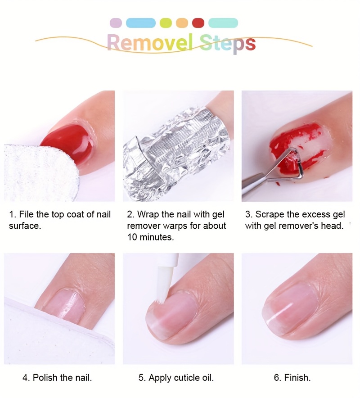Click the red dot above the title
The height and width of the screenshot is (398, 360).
[x=198, y=23]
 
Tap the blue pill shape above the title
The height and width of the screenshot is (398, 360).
[x=141, y=23]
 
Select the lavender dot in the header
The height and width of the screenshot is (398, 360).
[x=116, y=23]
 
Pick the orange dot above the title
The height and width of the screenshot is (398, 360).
[x=182, y=23]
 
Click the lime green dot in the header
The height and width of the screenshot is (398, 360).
[x=166, y=23]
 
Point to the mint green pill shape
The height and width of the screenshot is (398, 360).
[x=223, y=23]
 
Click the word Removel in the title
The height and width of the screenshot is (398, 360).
[x=150, y=42]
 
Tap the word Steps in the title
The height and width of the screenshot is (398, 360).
[x=227, y=44]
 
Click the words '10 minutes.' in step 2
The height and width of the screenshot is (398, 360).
[x=150, y=237]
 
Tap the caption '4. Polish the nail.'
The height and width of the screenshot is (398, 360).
[x=57, y=378]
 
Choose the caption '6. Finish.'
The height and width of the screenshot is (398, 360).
[x=292, y=378]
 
